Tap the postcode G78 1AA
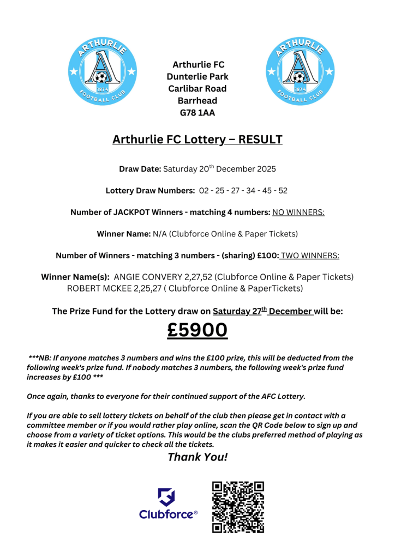point(197,113)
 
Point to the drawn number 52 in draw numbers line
point(282,190)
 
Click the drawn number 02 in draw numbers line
point(204,190)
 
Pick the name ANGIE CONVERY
point(147,277)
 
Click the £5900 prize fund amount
point(197,331)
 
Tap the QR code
point(238,506)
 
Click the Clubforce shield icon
point(167,498)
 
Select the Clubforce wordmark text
point(167,514)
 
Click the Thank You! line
point(197,457)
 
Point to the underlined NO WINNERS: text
point(298,212)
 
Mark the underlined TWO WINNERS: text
point(310,255)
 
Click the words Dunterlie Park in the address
point(197,77)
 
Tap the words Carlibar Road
point(197,89)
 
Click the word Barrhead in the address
point(197,101)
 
